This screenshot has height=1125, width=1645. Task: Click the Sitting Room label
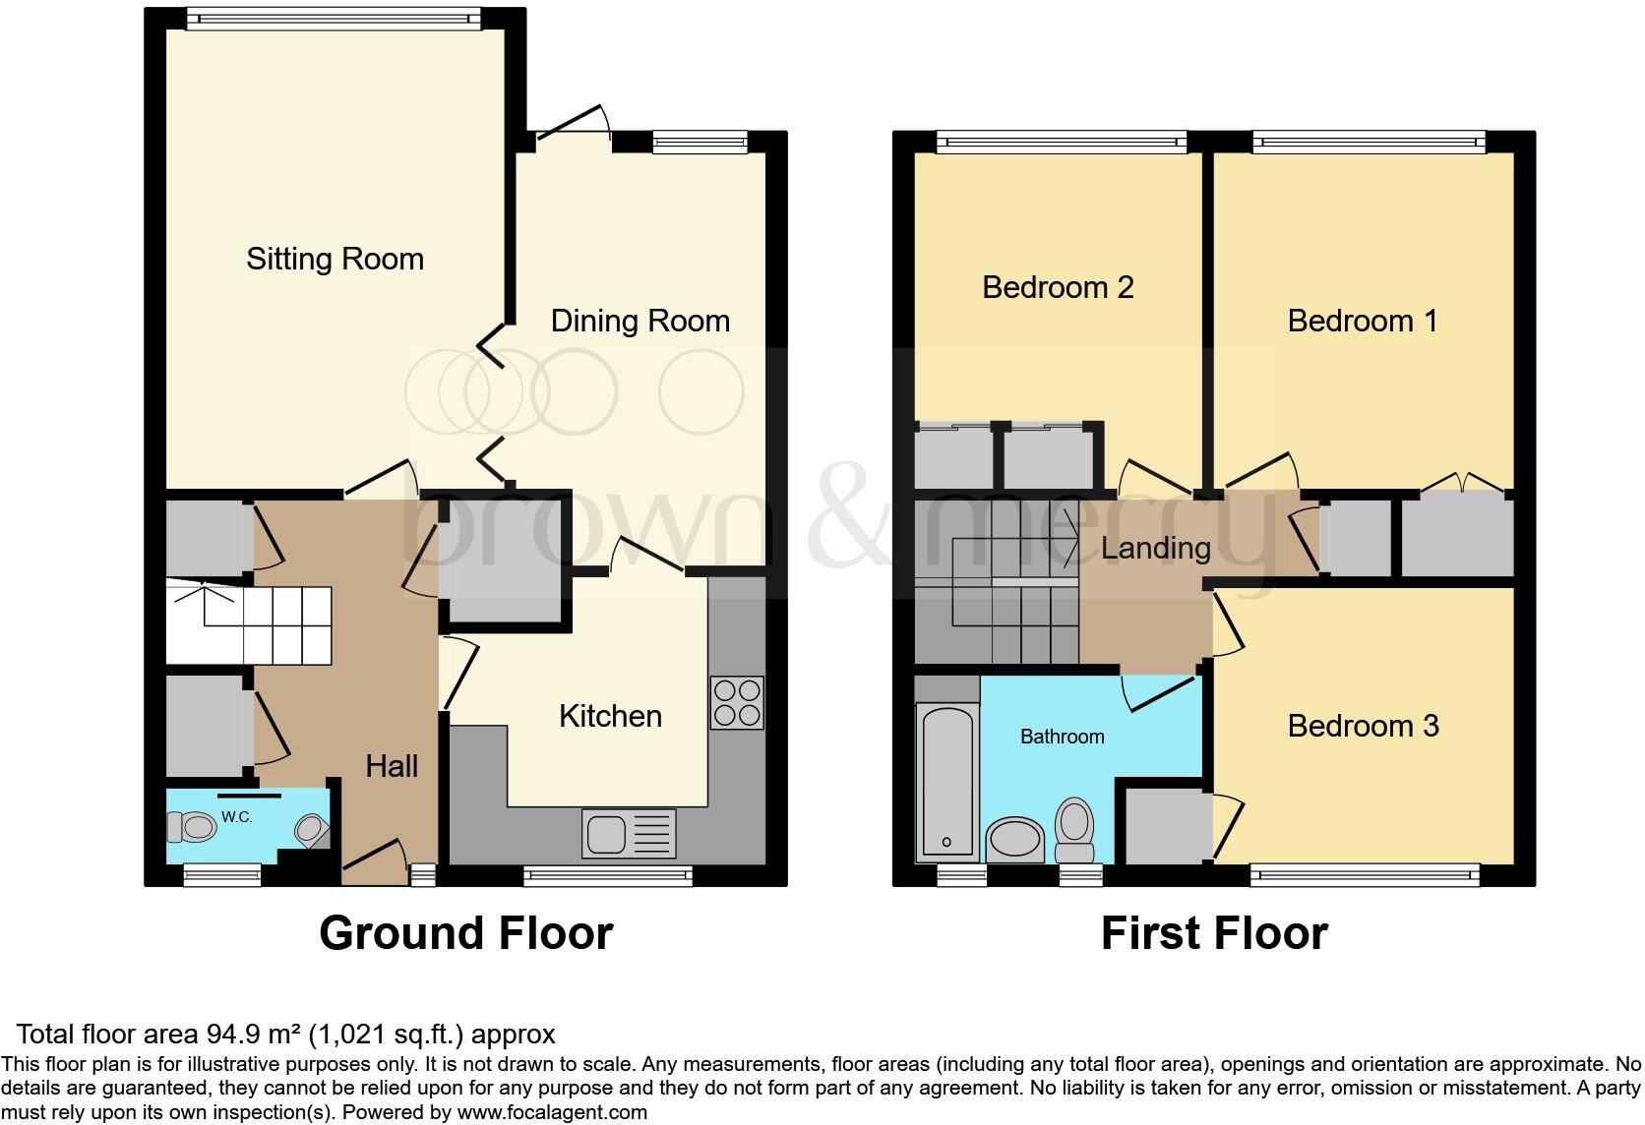(x=335, y=259)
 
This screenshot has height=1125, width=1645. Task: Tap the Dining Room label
(x=640, y=321)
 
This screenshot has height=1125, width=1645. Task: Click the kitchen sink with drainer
(x=629, y=833)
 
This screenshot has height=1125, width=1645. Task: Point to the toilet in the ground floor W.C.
(x=191, y=827)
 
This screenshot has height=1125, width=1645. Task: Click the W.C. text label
(x=235, y=816)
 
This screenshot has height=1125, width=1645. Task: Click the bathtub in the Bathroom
(x=945, y=781)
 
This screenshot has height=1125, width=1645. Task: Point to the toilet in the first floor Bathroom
(x=1074, y=832)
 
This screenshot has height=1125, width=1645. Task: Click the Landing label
(x=1155, y=547)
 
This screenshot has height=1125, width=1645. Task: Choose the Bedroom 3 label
(x=1363, y=726)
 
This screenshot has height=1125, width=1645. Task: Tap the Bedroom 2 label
(x=1058, y=287)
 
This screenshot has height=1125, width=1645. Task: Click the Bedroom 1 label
(x=1363, y=321)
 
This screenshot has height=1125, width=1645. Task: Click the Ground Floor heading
(x=465, y=932)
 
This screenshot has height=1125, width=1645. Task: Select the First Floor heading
(x=1214, y=932)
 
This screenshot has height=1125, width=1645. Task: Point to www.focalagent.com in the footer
(x=551, y=1112)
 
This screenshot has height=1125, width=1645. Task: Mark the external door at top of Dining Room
(x=575, y=125)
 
